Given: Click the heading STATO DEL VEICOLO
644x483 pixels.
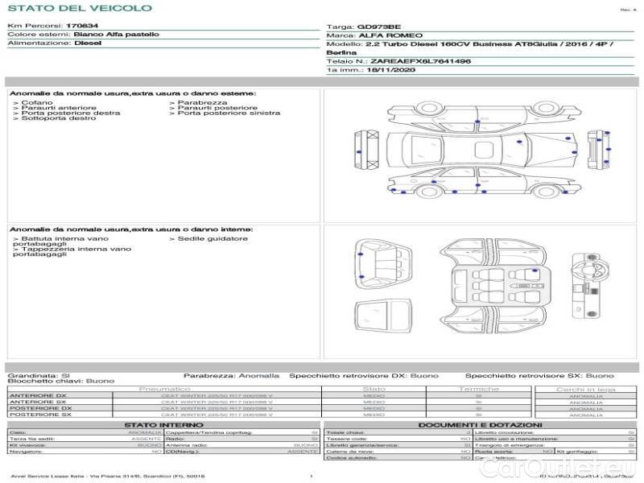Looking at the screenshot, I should coord(79,8).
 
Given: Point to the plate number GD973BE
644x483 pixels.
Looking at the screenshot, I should coord(378,27).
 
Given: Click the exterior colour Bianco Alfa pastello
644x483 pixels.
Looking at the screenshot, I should coord(116,35).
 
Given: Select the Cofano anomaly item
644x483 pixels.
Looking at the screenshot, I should coord(37,102).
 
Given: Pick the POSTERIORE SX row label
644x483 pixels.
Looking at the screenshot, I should coord(39,415).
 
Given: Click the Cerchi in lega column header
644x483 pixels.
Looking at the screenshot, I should coord(585,389).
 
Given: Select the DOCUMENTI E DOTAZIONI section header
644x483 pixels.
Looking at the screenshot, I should coord(480,424).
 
